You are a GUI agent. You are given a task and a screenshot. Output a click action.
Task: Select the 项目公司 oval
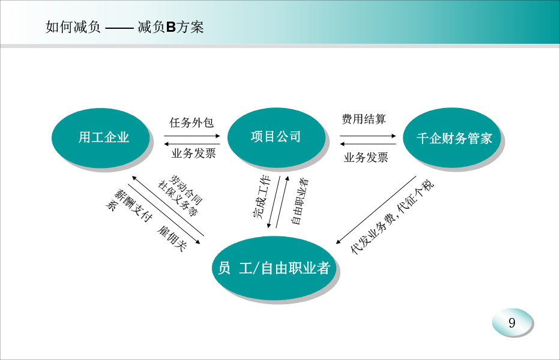(276, 137)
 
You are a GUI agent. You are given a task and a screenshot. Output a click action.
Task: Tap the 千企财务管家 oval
(452, 137)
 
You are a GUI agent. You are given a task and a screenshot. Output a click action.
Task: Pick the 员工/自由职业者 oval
(274, 268)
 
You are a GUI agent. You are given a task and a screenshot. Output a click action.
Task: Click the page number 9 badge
(512, 322)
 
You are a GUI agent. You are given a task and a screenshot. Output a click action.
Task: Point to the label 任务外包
(191, 122)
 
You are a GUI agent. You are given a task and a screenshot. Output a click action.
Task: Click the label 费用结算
(364, 119)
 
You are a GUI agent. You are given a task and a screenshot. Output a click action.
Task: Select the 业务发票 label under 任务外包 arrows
(194, 153)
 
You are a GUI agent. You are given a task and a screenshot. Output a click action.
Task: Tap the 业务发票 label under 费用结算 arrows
(366, 157)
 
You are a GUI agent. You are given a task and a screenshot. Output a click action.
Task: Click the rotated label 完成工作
(262, 196)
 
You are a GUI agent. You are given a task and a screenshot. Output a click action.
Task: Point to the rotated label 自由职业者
(300, 202)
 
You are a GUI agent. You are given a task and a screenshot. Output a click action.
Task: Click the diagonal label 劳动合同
(187, 189)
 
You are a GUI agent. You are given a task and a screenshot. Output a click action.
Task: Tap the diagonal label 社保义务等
(178, 199)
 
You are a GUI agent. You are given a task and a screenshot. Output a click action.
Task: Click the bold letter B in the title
(171, 27)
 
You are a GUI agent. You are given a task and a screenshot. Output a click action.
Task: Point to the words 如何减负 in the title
(73, 27)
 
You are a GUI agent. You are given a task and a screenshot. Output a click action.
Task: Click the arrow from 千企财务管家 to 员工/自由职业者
(376, 210)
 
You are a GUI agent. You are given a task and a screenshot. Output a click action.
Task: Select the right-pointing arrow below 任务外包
(192, 136)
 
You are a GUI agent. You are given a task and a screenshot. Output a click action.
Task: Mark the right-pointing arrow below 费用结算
(368, 136)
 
